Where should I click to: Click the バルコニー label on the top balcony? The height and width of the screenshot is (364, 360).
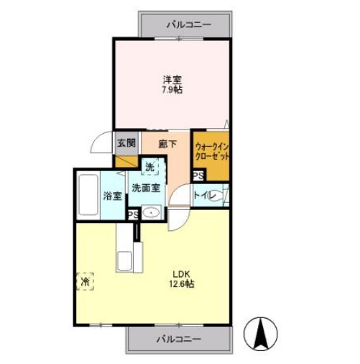(189, 24)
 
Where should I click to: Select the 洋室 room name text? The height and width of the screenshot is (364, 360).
(171, 79)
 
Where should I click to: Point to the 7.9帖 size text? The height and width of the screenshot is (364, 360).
(171, 91)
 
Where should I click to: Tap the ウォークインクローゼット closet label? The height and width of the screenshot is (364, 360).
(211, 150)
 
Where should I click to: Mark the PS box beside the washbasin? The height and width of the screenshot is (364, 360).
(132, 214)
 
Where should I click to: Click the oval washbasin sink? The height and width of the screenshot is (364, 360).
(151, 213)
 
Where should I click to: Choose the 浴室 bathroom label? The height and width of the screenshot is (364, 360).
(111, 196)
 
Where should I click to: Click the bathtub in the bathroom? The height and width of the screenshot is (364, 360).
(88, 196)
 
